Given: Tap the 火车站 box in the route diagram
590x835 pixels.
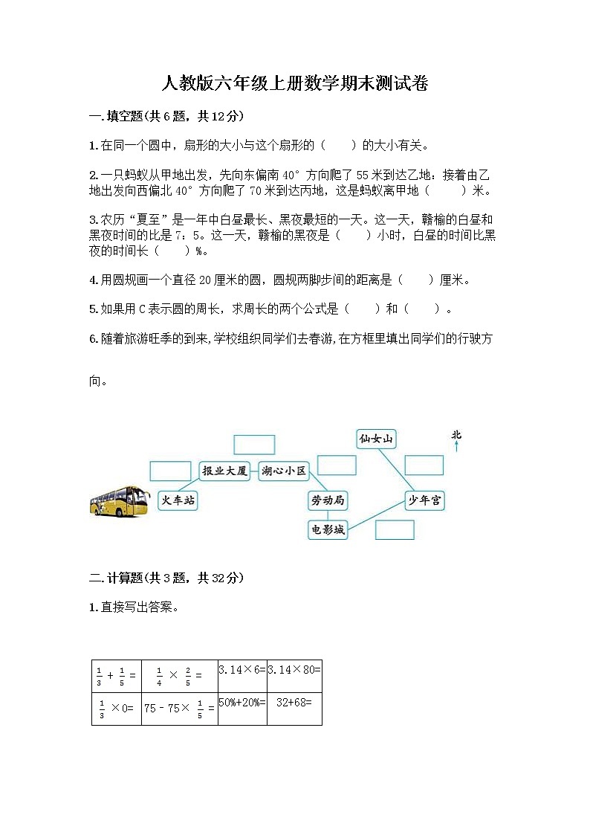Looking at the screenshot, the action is pyautogui.click(x=178, y=500).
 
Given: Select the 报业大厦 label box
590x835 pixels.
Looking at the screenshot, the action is pyautogui.click(x=225, y=471).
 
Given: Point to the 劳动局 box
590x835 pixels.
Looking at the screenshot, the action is pyautogui.click(x=328, y=500).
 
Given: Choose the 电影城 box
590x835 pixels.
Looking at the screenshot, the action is pyautogui.click(x=327, y=529).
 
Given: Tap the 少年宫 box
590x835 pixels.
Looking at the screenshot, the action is pyautogui.click(x=424, y=500).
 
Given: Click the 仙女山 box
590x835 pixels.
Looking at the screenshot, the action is pyautogui.click(x=375, y=439).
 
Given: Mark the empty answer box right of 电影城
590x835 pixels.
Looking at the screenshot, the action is pyautogui.click(x=395, y=529).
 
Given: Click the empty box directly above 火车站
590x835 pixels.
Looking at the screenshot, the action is pyautogui.click(x=170, y=471).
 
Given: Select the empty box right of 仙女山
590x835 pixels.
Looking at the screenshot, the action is pyautogui.click(x=424, y=465).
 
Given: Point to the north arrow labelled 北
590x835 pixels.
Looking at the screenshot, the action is pyautogui.click(x=456, y=440).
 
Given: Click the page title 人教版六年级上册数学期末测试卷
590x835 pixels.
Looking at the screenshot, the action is pyautogui.click(x=294, y=83).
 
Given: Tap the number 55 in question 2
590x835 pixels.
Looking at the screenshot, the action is pyautogui.click(x=363, y=175).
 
